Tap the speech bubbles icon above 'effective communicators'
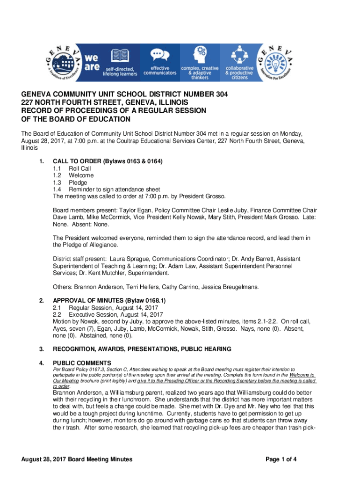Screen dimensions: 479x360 159,56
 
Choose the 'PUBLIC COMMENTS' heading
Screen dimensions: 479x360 82,363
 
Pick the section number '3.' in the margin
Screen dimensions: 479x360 42,349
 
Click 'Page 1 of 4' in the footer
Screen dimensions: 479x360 281,459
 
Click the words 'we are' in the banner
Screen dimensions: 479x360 91,63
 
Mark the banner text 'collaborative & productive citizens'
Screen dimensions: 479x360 239,73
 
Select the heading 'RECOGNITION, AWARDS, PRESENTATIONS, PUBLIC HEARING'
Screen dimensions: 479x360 142,349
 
